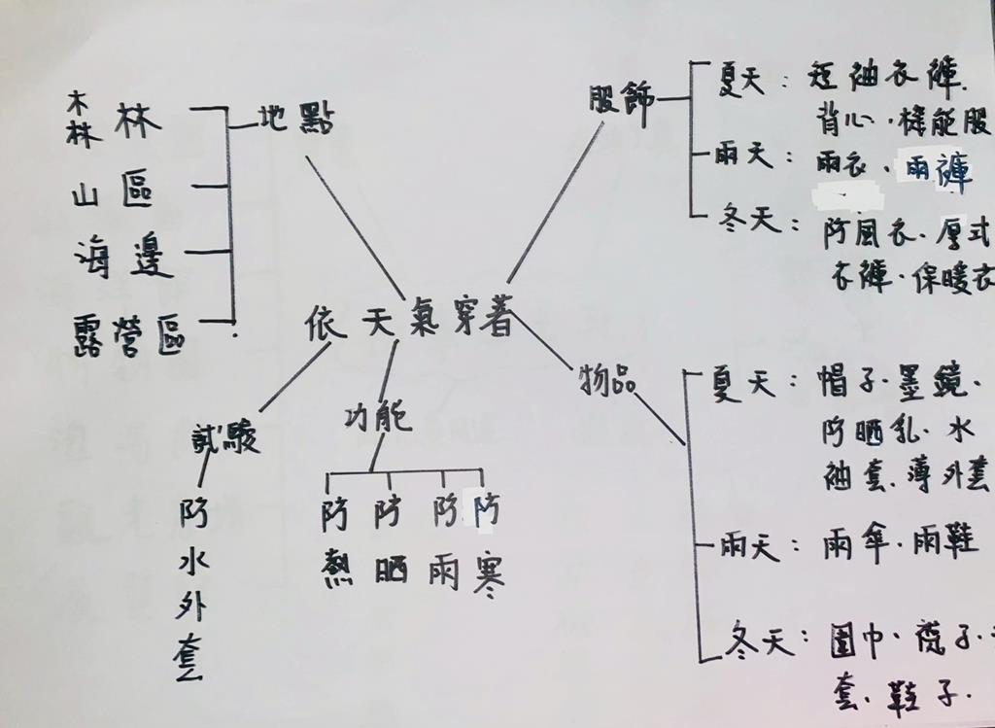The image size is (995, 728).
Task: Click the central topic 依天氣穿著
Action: pos(408,322)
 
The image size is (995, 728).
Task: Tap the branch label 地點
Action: pos(295,120)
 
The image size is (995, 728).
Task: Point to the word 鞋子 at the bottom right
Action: pos(922,696)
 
